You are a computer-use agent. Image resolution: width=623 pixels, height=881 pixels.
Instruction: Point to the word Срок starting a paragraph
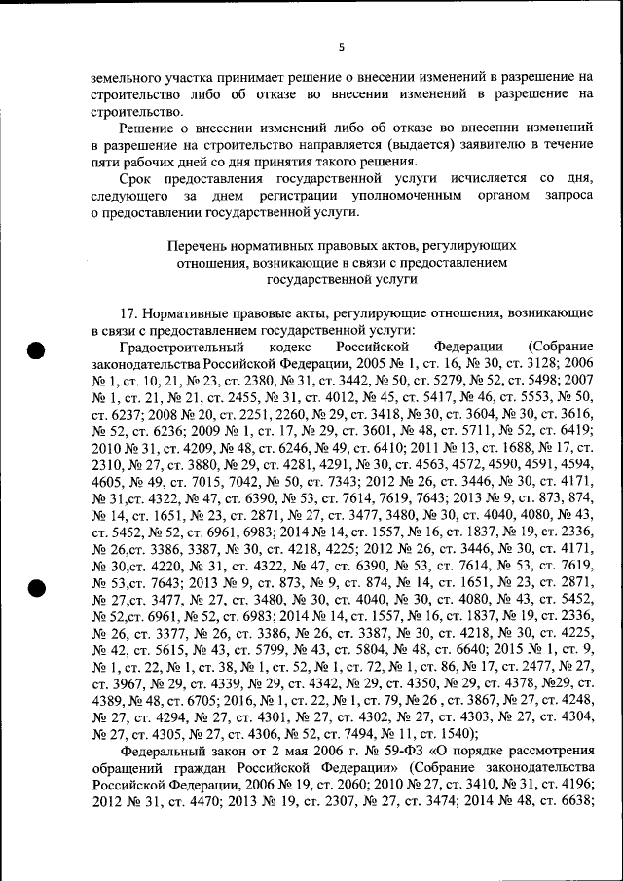click(137, 179)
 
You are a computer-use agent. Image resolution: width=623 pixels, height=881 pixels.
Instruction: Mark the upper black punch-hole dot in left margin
click(36, 351)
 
